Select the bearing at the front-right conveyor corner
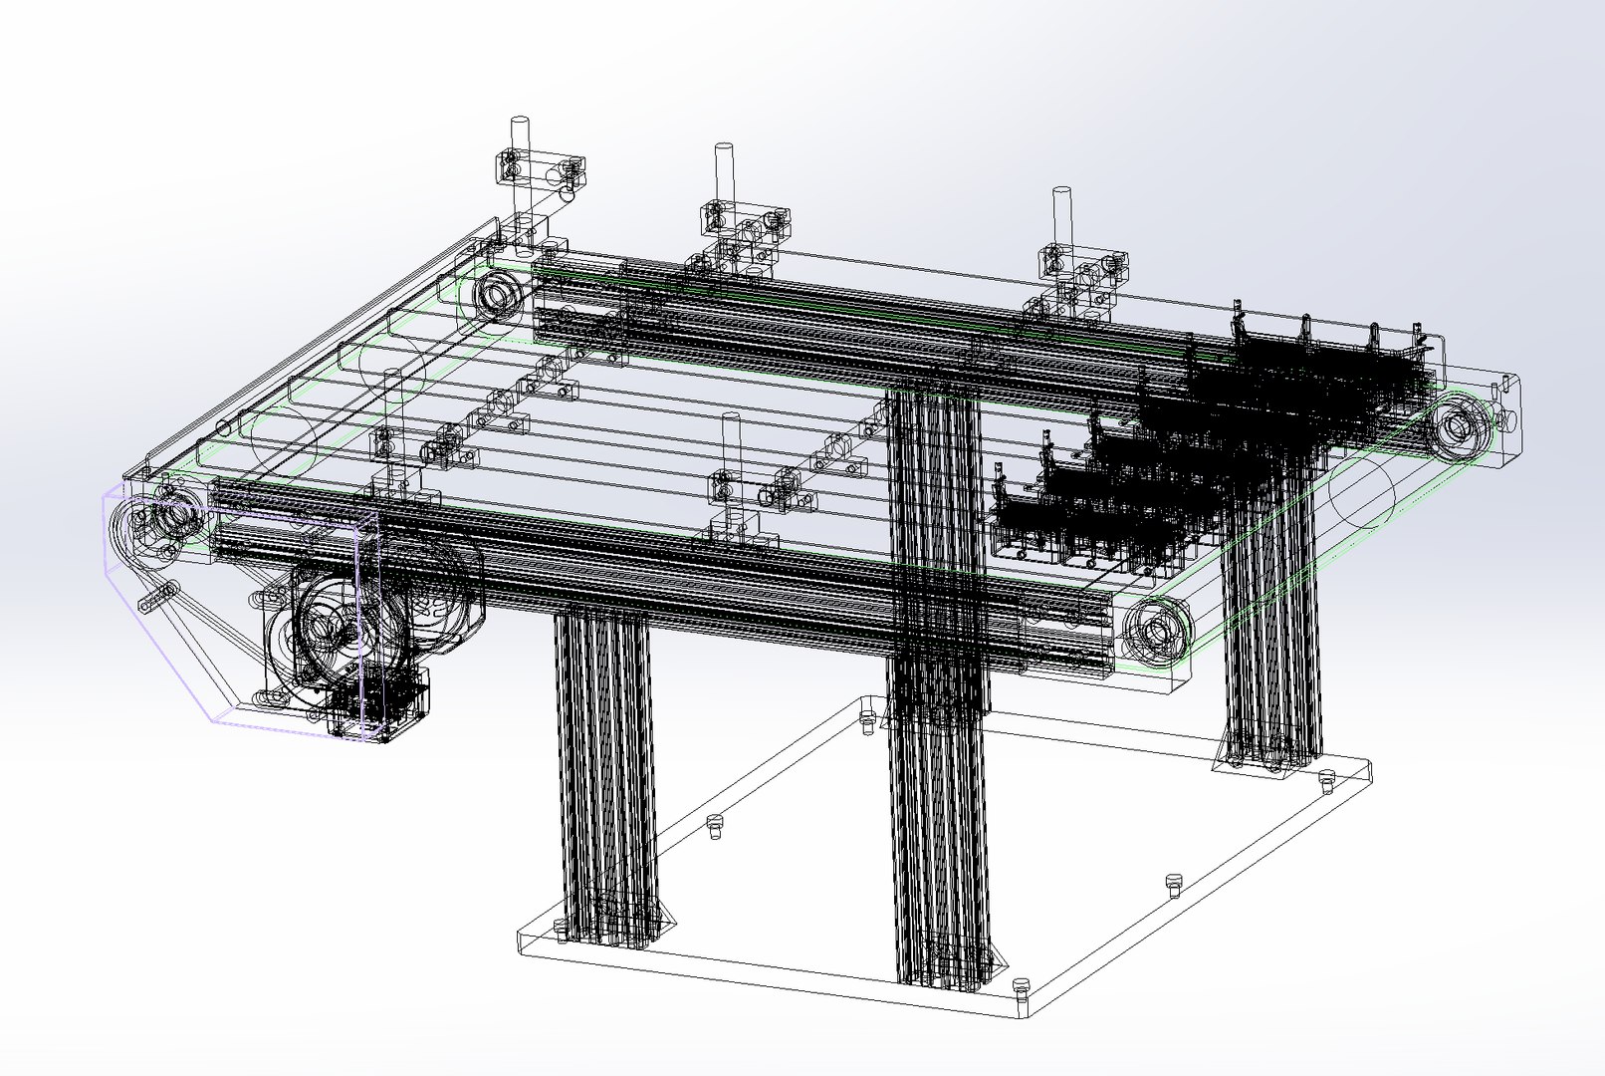(1156, 630)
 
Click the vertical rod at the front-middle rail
(731, 438)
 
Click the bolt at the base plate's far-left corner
(867, 717)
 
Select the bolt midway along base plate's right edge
(1173, 882)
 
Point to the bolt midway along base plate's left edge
(712, 825)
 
